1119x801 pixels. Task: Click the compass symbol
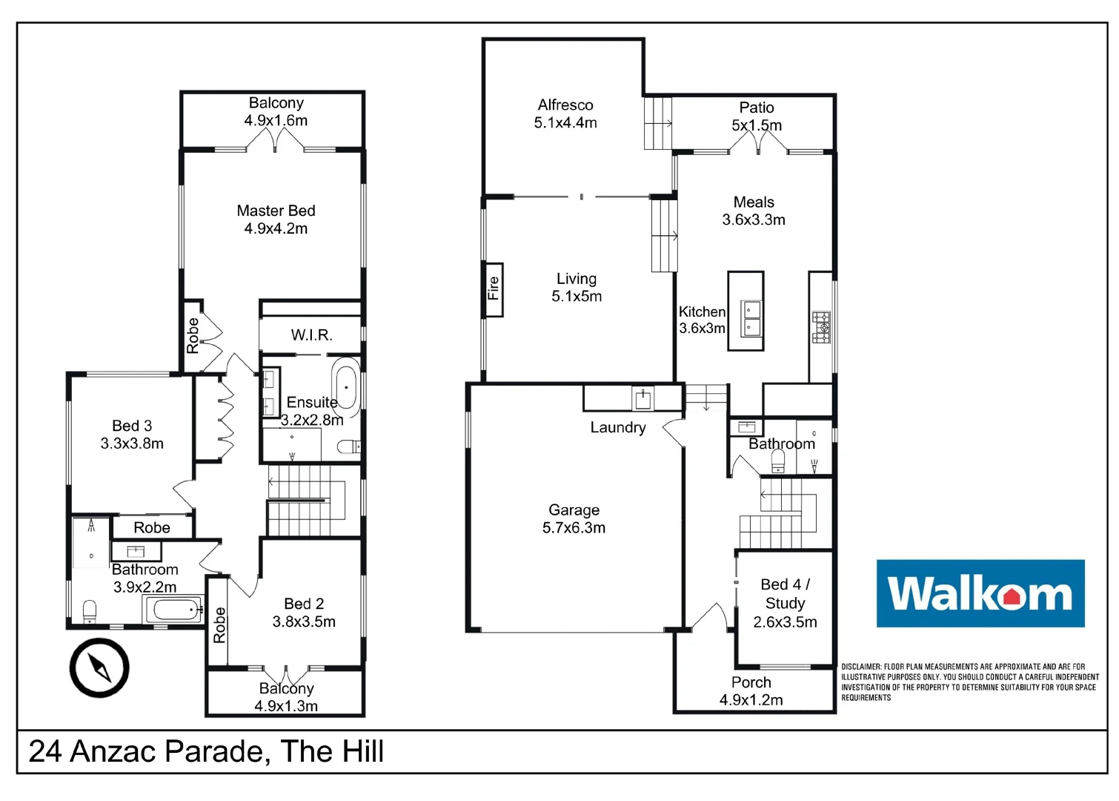(99, 667)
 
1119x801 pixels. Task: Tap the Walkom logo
(980, 593)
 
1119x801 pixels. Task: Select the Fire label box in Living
(493, 289)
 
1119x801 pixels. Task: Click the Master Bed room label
(276, 211)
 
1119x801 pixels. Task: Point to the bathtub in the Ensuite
(346, 386)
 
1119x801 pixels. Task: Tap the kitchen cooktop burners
(821, 327)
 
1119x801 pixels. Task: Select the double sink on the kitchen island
(751, 319)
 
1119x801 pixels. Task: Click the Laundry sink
(643, 400)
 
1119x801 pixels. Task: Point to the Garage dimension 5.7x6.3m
(574, 528)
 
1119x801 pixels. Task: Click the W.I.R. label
(311, 335)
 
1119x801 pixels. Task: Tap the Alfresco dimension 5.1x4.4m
(565, 123)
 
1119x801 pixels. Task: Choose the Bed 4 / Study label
(785, 594)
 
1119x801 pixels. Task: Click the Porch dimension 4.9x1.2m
(751, 700)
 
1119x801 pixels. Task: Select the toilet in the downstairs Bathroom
(777, 462)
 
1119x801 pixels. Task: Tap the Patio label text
(757, 108)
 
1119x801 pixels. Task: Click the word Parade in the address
(214, 752)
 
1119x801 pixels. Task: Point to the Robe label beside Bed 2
(219, 624)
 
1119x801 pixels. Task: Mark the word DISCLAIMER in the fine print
(861, 667)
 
